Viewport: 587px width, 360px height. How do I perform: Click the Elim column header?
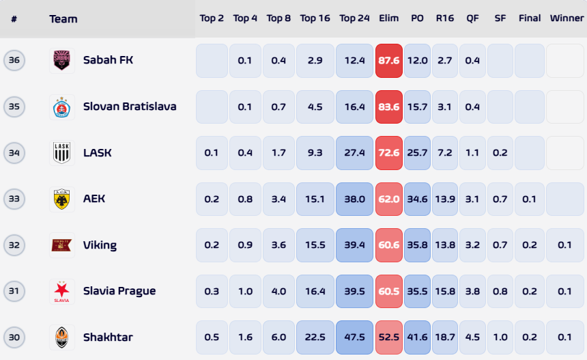click(x=388, y=18)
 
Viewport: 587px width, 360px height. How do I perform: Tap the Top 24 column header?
click(x=354, y=18)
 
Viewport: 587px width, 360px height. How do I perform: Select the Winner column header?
click(x=567, y=18)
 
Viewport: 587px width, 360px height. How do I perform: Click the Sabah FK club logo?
click(x=61, y=60)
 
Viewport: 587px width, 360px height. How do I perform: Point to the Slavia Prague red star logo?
click(x=61, y=292)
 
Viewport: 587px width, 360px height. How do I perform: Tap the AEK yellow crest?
click(x=61, y=199)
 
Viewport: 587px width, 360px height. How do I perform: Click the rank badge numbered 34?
click(x=14, y=153)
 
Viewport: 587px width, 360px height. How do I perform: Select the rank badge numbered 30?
click(x=14, y=337)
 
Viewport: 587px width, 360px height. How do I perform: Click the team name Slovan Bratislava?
click(x=130, y=107)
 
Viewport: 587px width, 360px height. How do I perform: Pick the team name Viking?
click(x=100, y=245)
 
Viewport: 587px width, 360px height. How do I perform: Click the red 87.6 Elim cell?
click(x=389, y=61)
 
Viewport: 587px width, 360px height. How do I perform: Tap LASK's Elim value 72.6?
click(x=389, y=153)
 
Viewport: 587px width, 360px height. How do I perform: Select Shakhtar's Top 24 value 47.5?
click(x=354, y=337)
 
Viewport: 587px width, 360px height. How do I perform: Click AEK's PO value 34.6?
click(x=418, y=199)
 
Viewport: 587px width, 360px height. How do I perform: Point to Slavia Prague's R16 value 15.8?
click(x=445, y=291)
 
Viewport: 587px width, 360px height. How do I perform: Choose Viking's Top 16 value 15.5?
click(x=315, y=245)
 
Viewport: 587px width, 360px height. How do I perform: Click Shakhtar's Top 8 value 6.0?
click(x=279, y=337)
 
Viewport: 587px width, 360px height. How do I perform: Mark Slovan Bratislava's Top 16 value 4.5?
click(x=315, y=107)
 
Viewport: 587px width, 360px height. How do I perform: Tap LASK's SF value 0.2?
click(x=500, y=153)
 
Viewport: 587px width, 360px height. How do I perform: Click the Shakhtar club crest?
click(x=61, y=337)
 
